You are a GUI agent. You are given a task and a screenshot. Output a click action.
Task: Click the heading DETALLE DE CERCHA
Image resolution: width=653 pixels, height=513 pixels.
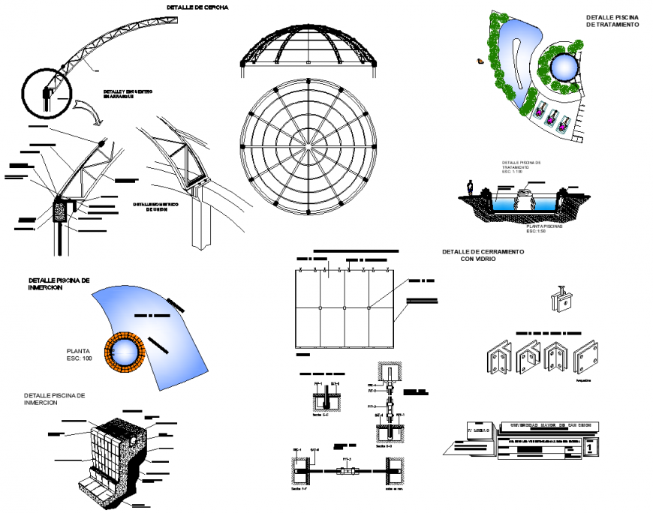click(x=197, y=7)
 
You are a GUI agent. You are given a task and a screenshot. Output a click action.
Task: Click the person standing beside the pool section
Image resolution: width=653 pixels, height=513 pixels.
click(x=470, y=189)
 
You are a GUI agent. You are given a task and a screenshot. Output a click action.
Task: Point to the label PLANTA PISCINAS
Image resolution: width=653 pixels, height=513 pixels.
click(x=546, y=225)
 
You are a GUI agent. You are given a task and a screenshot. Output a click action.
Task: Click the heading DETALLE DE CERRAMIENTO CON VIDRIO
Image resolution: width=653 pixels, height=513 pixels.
click(x=482, y=256)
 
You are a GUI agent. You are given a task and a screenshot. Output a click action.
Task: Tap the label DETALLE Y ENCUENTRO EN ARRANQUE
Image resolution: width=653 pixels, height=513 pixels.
click(x=129, y=94)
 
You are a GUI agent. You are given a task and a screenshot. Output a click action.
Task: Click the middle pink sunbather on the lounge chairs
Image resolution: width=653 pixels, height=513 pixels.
click(x=552, y=118)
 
